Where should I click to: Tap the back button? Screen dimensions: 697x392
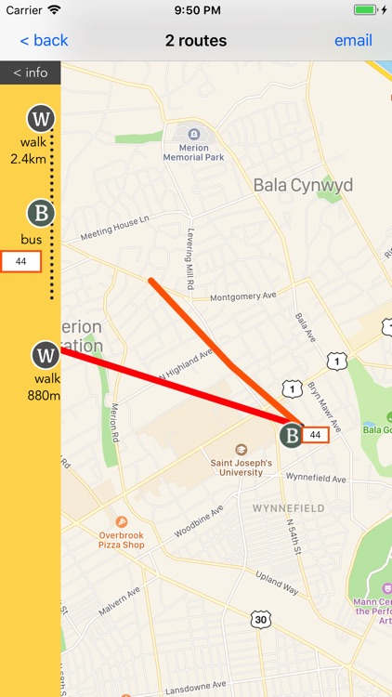(45, 41)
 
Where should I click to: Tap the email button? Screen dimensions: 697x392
(353, 41)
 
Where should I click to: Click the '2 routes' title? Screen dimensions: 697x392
(196, 41)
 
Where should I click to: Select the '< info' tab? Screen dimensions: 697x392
(30, 72)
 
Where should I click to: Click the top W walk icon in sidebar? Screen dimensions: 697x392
(40, 119)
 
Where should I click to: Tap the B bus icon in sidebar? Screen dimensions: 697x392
(40, 214)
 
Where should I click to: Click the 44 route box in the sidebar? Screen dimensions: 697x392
(21, 262)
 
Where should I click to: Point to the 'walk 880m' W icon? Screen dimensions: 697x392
(46, 355)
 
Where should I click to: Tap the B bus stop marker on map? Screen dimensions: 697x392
(293, 435)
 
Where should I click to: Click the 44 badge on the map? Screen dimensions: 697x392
(316, 434)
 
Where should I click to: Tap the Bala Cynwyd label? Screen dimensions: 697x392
(303, 186)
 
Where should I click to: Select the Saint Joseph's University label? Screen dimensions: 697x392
(241, 467)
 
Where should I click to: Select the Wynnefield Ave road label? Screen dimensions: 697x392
(316, 480)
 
